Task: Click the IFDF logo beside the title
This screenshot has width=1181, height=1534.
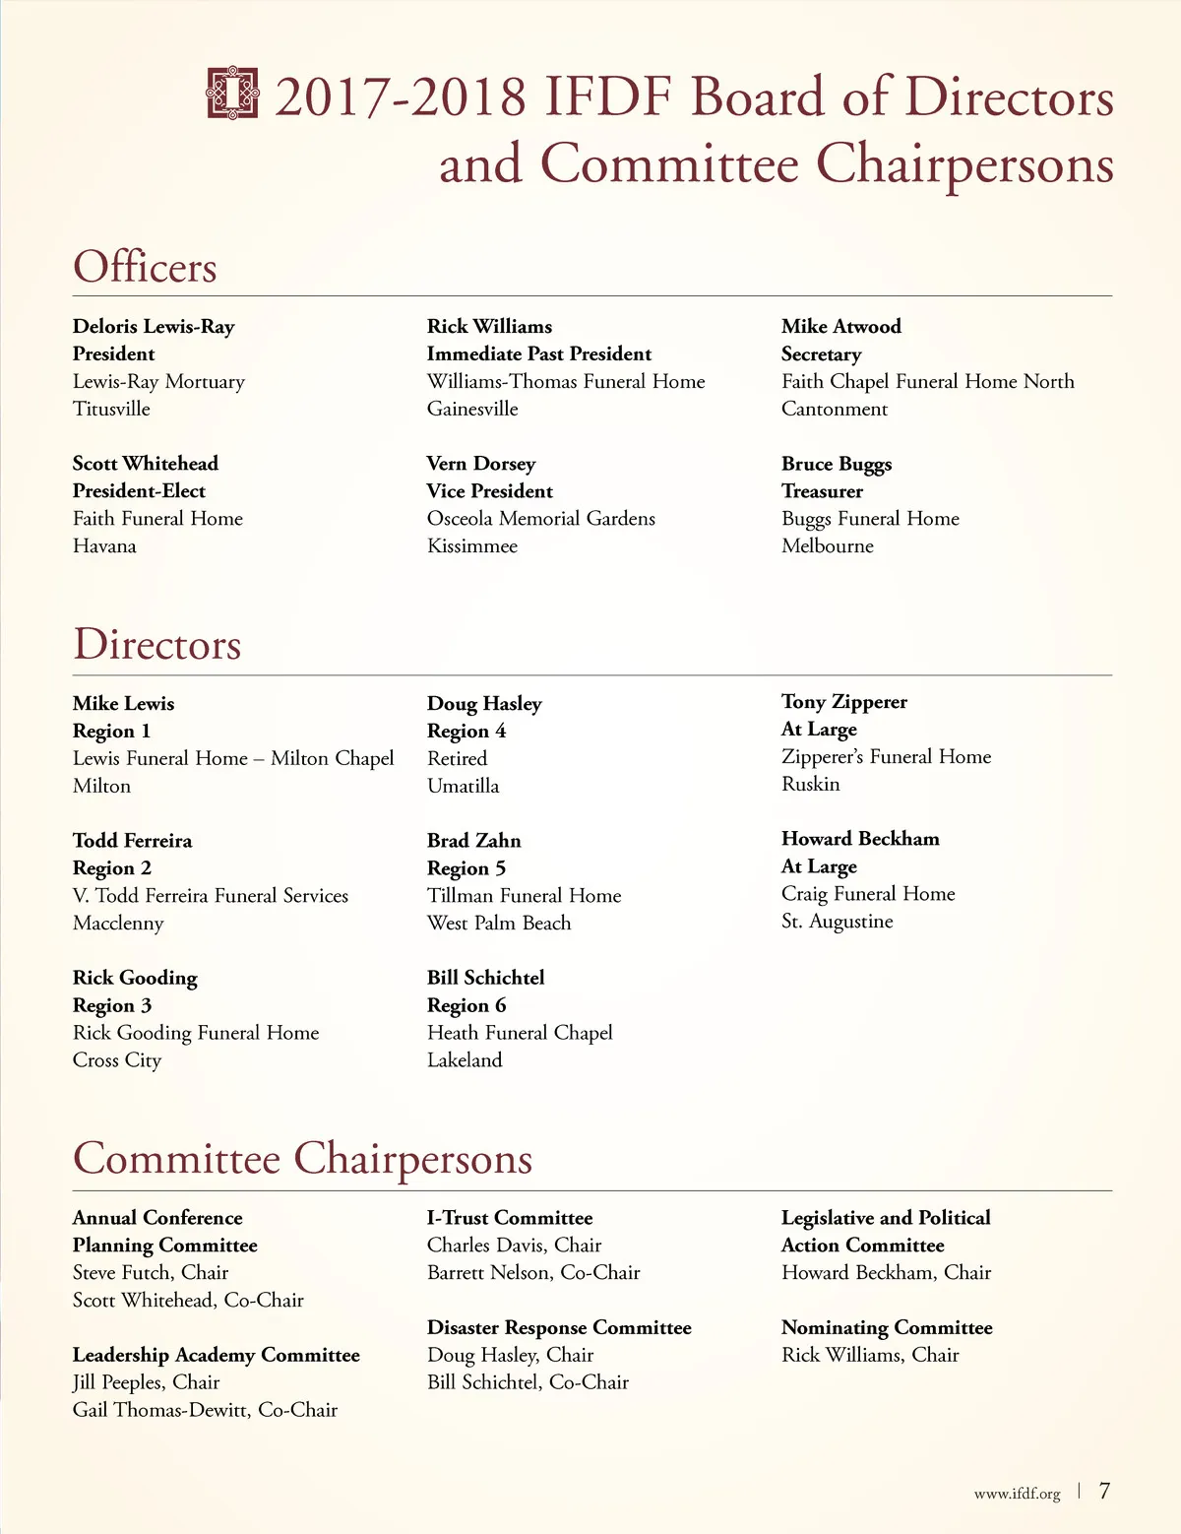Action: pos(232,94)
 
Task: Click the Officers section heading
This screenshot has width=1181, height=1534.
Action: pos(145,267)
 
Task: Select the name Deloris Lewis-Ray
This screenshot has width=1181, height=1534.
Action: pos(154,326)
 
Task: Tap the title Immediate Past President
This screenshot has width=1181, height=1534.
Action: pos(538,353)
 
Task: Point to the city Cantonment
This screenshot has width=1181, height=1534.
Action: pos(834,409)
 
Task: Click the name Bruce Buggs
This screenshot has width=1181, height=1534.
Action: pos(836,464)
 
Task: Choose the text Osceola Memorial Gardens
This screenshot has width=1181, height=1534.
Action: pos(540,518)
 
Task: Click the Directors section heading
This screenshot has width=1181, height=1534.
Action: pos(156,645)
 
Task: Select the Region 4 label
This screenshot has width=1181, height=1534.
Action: pos(466,731)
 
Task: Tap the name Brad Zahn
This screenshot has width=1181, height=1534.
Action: pos(473,840)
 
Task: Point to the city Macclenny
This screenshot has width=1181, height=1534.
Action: pos(118,923)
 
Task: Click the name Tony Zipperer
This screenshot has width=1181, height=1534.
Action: pos(843,701)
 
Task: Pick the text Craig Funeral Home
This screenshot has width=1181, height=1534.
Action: pos(867,893)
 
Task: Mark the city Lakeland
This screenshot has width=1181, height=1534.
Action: pos(464,1059)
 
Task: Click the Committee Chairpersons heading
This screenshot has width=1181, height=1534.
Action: pos(302,1158)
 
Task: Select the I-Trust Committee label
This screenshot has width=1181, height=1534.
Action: pos(509,1218)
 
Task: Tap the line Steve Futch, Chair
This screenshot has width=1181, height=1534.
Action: pos(150,1272)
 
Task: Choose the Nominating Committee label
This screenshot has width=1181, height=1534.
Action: pos(886,1327)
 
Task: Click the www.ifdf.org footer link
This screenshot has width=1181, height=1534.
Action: pos(1017,1494)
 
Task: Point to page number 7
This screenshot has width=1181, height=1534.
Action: pos(1104,1491)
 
